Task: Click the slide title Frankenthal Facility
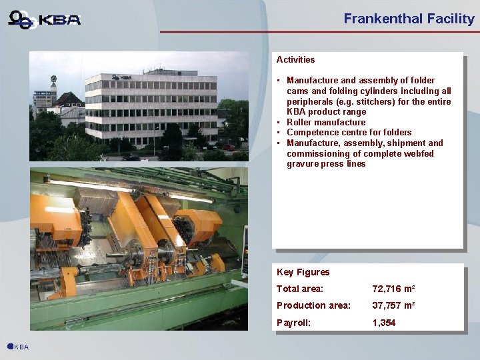[x=409, y=19]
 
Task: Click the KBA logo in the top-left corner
[x=45, y=19]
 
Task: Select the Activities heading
[x=295, y=59]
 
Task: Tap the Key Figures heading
[x=303, y=272]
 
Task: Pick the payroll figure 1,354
[x=384, y=323]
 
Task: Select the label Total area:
[x=299, y=289]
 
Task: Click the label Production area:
[x=313, y=305]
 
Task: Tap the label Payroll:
[x=293, y=323]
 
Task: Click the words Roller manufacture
[x=326, y=122]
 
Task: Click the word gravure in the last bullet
[x=303, y=163]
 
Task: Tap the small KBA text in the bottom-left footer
[x=22, y=347]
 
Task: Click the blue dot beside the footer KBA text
[x=10, y=346]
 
